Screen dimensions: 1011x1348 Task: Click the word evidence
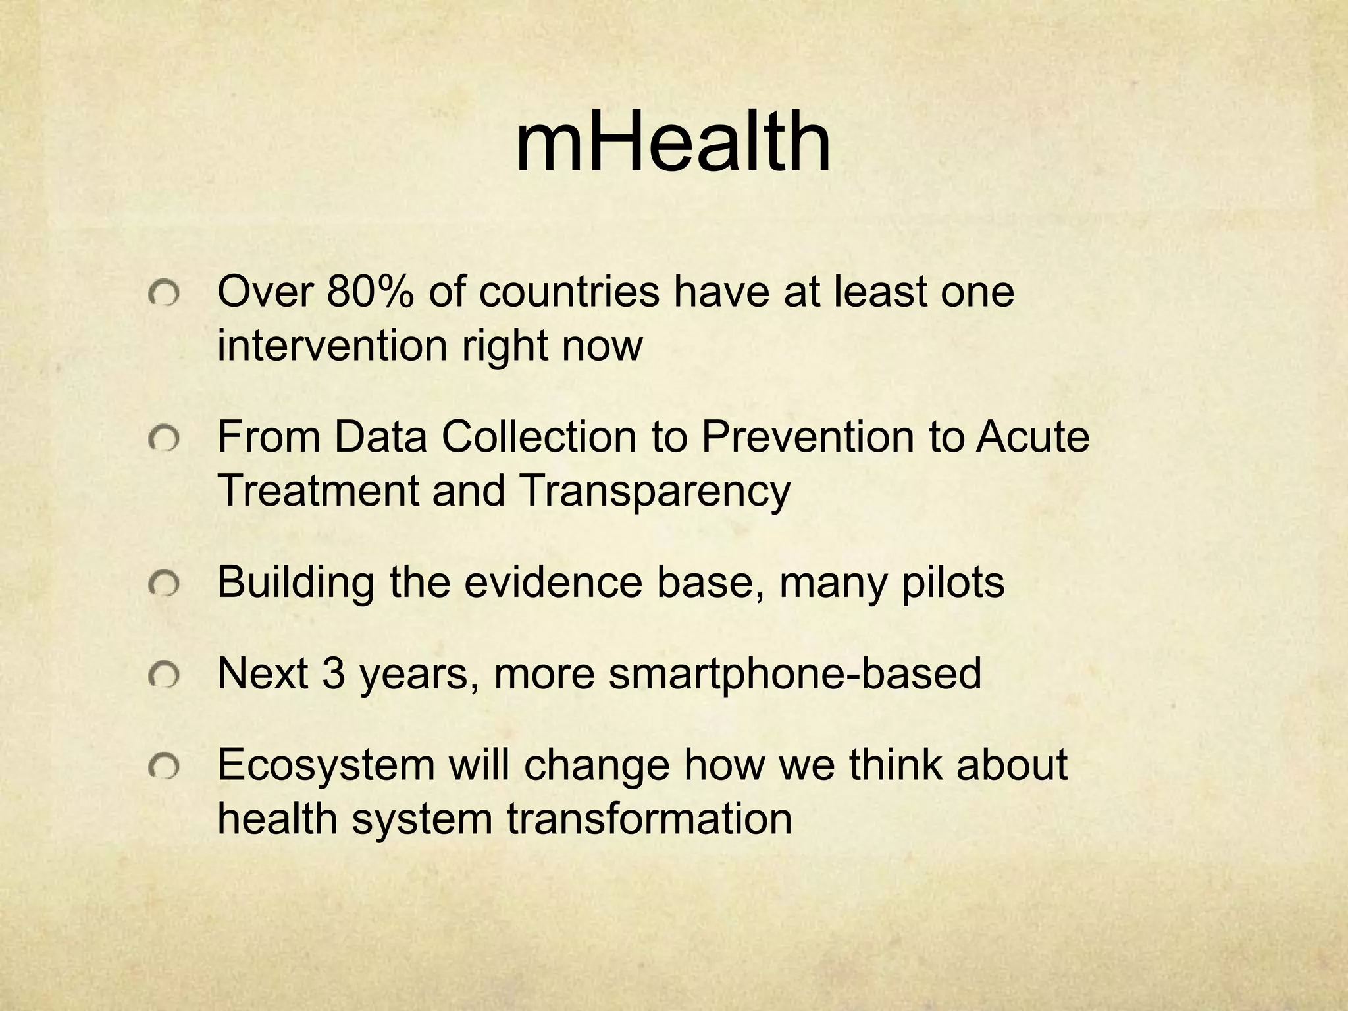point(554,582)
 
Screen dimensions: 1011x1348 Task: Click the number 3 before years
point(334,673)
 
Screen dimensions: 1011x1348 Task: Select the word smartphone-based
point(794,674)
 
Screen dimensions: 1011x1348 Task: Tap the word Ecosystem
point(326,765)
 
